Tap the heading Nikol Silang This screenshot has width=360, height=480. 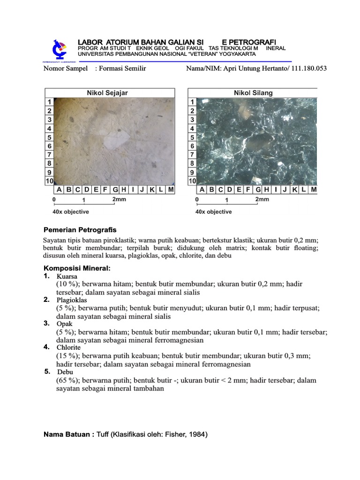pyautogui.click(x=253, y=93)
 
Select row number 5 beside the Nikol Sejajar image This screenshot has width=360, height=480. pyautogui.click(x=49, y=137)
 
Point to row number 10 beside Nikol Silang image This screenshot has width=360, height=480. pyautogui.click(x=192, y=181)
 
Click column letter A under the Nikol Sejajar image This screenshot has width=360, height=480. pyautogui.click(x=59, y=190)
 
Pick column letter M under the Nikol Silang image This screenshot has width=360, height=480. pyautogui.click(x=313, y=190)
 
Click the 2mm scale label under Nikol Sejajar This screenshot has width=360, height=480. pyautogui.click(x=119, y=199)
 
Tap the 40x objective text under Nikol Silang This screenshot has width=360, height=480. pyautogui.click(x=213, y=212)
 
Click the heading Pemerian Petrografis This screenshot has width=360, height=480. pyautogui.click(x=80, y=230)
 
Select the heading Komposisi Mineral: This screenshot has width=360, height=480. pyautogui.click(x=77, y=268)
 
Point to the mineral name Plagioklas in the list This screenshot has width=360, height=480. pyautogui.click(x=72, y=300)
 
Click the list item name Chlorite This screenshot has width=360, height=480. pyautogui.click(x=68, y=347)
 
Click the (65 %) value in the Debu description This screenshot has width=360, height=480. pyautogui.click(x=67, y=380)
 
